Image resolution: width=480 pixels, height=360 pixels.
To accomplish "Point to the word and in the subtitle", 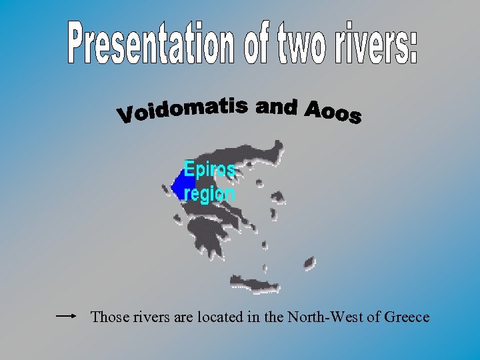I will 276,106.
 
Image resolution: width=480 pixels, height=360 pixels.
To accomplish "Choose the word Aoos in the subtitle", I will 333,113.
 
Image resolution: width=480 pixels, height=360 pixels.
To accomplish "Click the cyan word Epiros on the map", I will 209,170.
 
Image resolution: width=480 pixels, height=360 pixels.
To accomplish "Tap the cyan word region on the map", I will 209,194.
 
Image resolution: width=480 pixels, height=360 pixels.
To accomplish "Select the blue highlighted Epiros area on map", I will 177,181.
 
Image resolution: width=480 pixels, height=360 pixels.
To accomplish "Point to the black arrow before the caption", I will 68,317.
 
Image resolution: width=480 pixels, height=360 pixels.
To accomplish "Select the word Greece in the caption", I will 407,317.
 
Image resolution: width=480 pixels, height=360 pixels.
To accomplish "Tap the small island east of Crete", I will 309,264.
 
